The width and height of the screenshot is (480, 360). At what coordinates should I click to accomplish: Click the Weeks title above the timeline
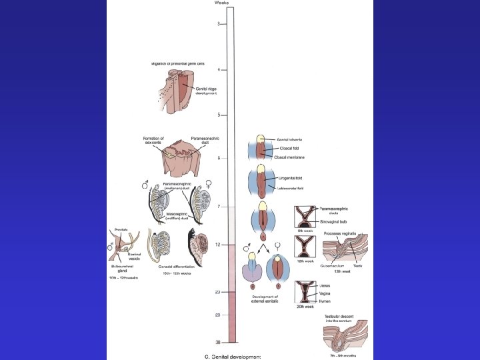(222, 3)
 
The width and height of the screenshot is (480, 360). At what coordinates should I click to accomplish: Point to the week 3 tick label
(219, 24)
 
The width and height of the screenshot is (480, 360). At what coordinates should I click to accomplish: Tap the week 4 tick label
(219, 69)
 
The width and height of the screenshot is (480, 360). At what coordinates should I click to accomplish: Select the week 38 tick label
(217, 341)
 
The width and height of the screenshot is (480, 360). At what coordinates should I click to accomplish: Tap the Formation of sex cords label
(155, 141)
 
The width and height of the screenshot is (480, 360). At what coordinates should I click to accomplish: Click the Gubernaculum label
(334, 265)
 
